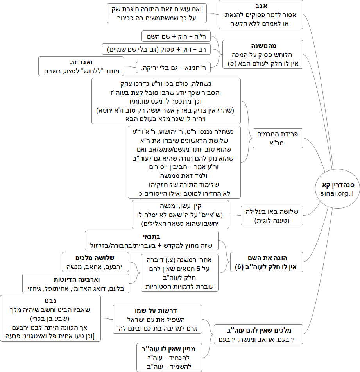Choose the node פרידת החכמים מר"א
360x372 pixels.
[x=278, y=138]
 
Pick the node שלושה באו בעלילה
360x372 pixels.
[x=272, y=215]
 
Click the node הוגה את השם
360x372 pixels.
[x=267, y=263]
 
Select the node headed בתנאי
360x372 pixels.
[x=155, y=241]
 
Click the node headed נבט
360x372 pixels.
[x=50, y=318]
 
